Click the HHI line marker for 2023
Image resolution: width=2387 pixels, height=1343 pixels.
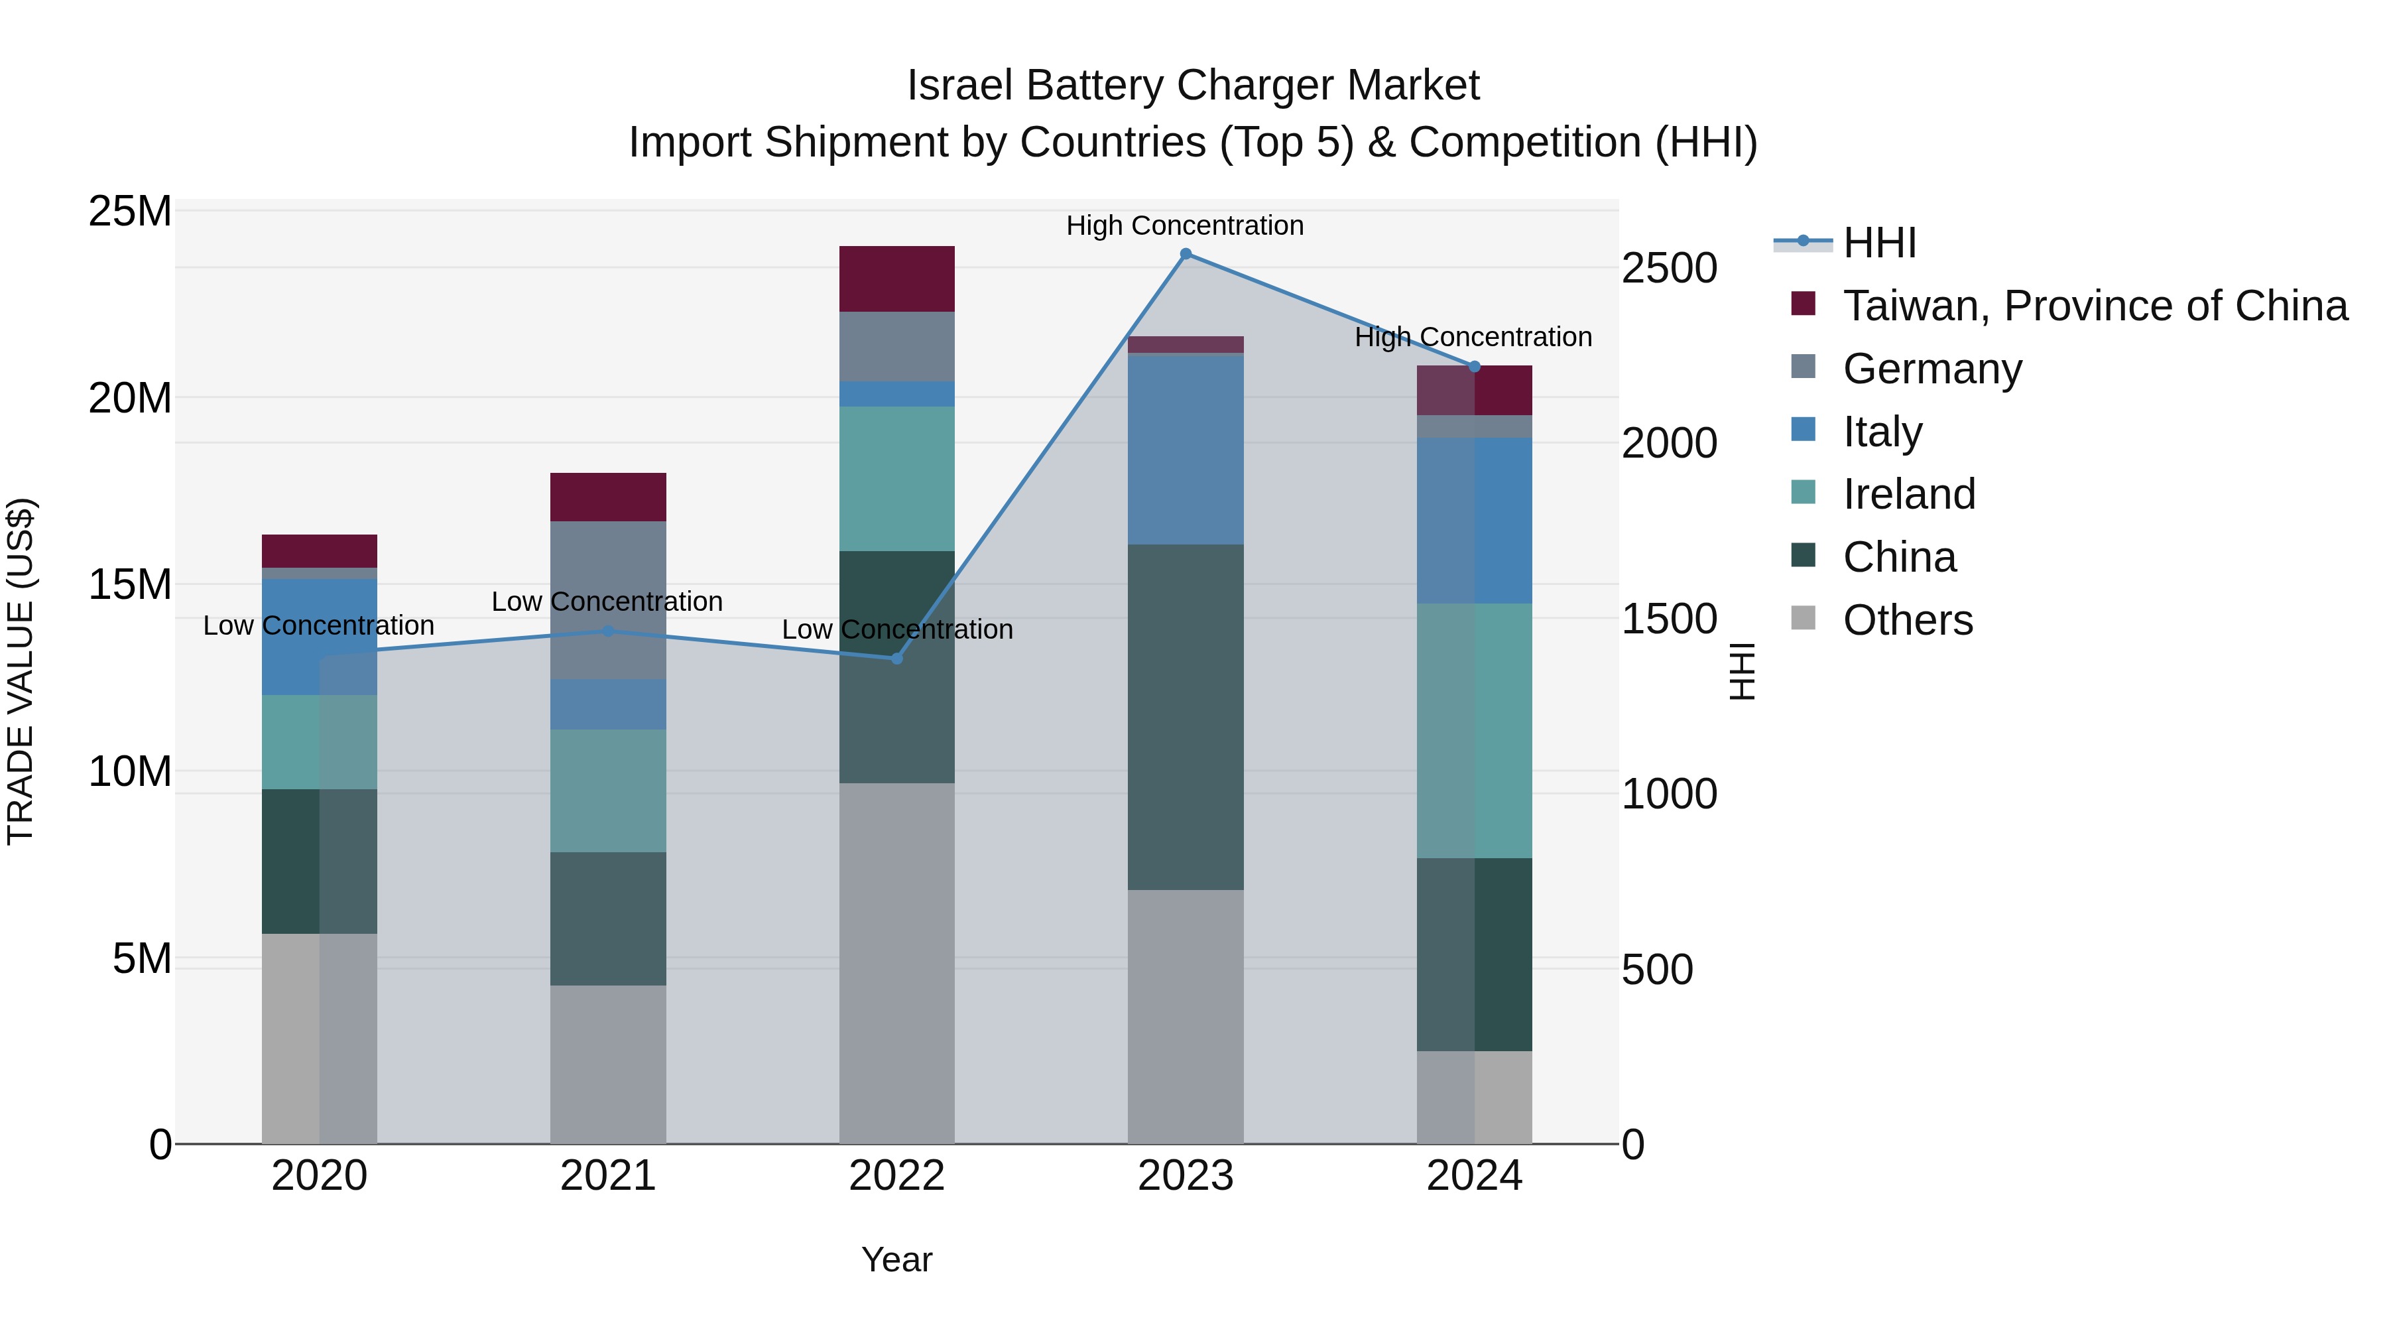coord(1185,254)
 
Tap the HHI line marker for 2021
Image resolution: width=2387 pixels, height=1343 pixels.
coord(608,631)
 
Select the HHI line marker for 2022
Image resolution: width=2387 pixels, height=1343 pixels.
coord(896,658)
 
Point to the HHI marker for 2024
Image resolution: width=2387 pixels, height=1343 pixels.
coord(1474,367)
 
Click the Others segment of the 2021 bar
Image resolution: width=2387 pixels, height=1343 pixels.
coord(608,1063)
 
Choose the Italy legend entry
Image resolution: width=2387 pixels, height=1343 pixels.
coord(1882,432)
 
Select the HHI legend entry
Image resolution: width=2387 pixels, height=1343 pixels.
coord(1878,243)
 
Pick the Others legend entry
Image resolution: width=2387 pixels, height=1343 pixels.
coord(1907,620)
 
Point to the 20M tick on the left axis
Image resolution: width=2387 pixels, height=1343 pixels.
coord(130,399)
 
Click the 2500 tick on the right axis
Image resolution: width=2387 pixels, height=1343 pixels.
coord(1669,268)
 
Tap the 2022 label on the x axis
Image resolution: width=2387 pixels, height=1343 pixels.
coord(896,1176)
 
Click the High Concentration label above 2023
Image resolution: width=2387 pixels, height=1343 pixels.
coord(1184,225)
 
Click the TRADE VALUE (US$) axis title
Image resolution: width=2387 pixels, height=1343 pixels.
coord(21,671)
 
